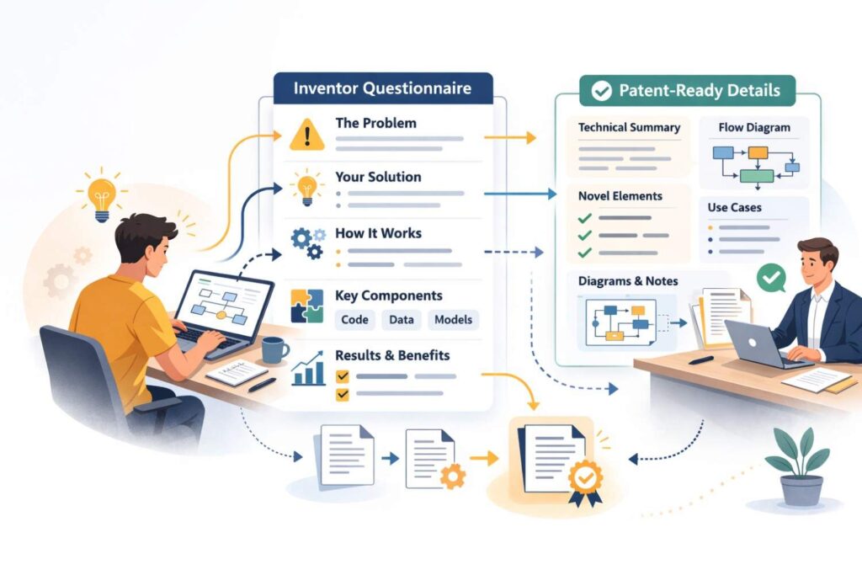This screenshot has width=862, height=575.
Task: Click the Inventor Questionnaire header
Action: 383,88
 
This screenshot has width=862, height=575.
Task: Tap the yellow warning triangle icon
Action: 306,135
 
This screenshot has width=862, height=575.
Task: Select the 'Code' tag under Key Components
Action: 354,319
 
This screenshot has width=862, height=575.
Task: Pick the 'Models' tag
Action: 453,319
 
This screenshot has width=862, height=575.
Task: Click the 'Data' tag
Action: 402,319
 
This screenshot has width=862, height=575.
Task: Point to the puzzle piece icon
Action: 306,306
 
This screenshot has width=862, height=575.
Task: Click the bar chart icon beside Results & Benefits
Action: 308,369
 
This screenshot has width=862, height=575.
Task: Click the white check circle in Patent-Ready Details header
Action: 601,91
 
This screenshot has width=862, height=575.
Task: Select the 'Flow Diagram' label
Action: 754,127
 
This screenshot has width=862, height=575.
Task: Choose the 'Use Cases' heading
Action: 734,207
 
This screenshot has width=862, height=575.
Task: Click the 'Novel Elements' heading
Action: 620,195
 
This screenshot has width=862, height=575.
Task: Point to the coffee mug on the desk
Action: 274,349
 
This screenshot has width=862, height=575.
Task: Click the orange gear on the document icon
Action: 453,476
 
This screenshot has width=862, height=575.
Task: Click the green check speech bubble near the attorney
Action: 771,278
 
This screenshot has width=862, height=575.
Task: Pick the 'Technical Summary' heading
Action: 629,127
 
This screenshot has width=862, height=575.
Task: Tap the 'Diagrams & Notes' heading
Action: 628,281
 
